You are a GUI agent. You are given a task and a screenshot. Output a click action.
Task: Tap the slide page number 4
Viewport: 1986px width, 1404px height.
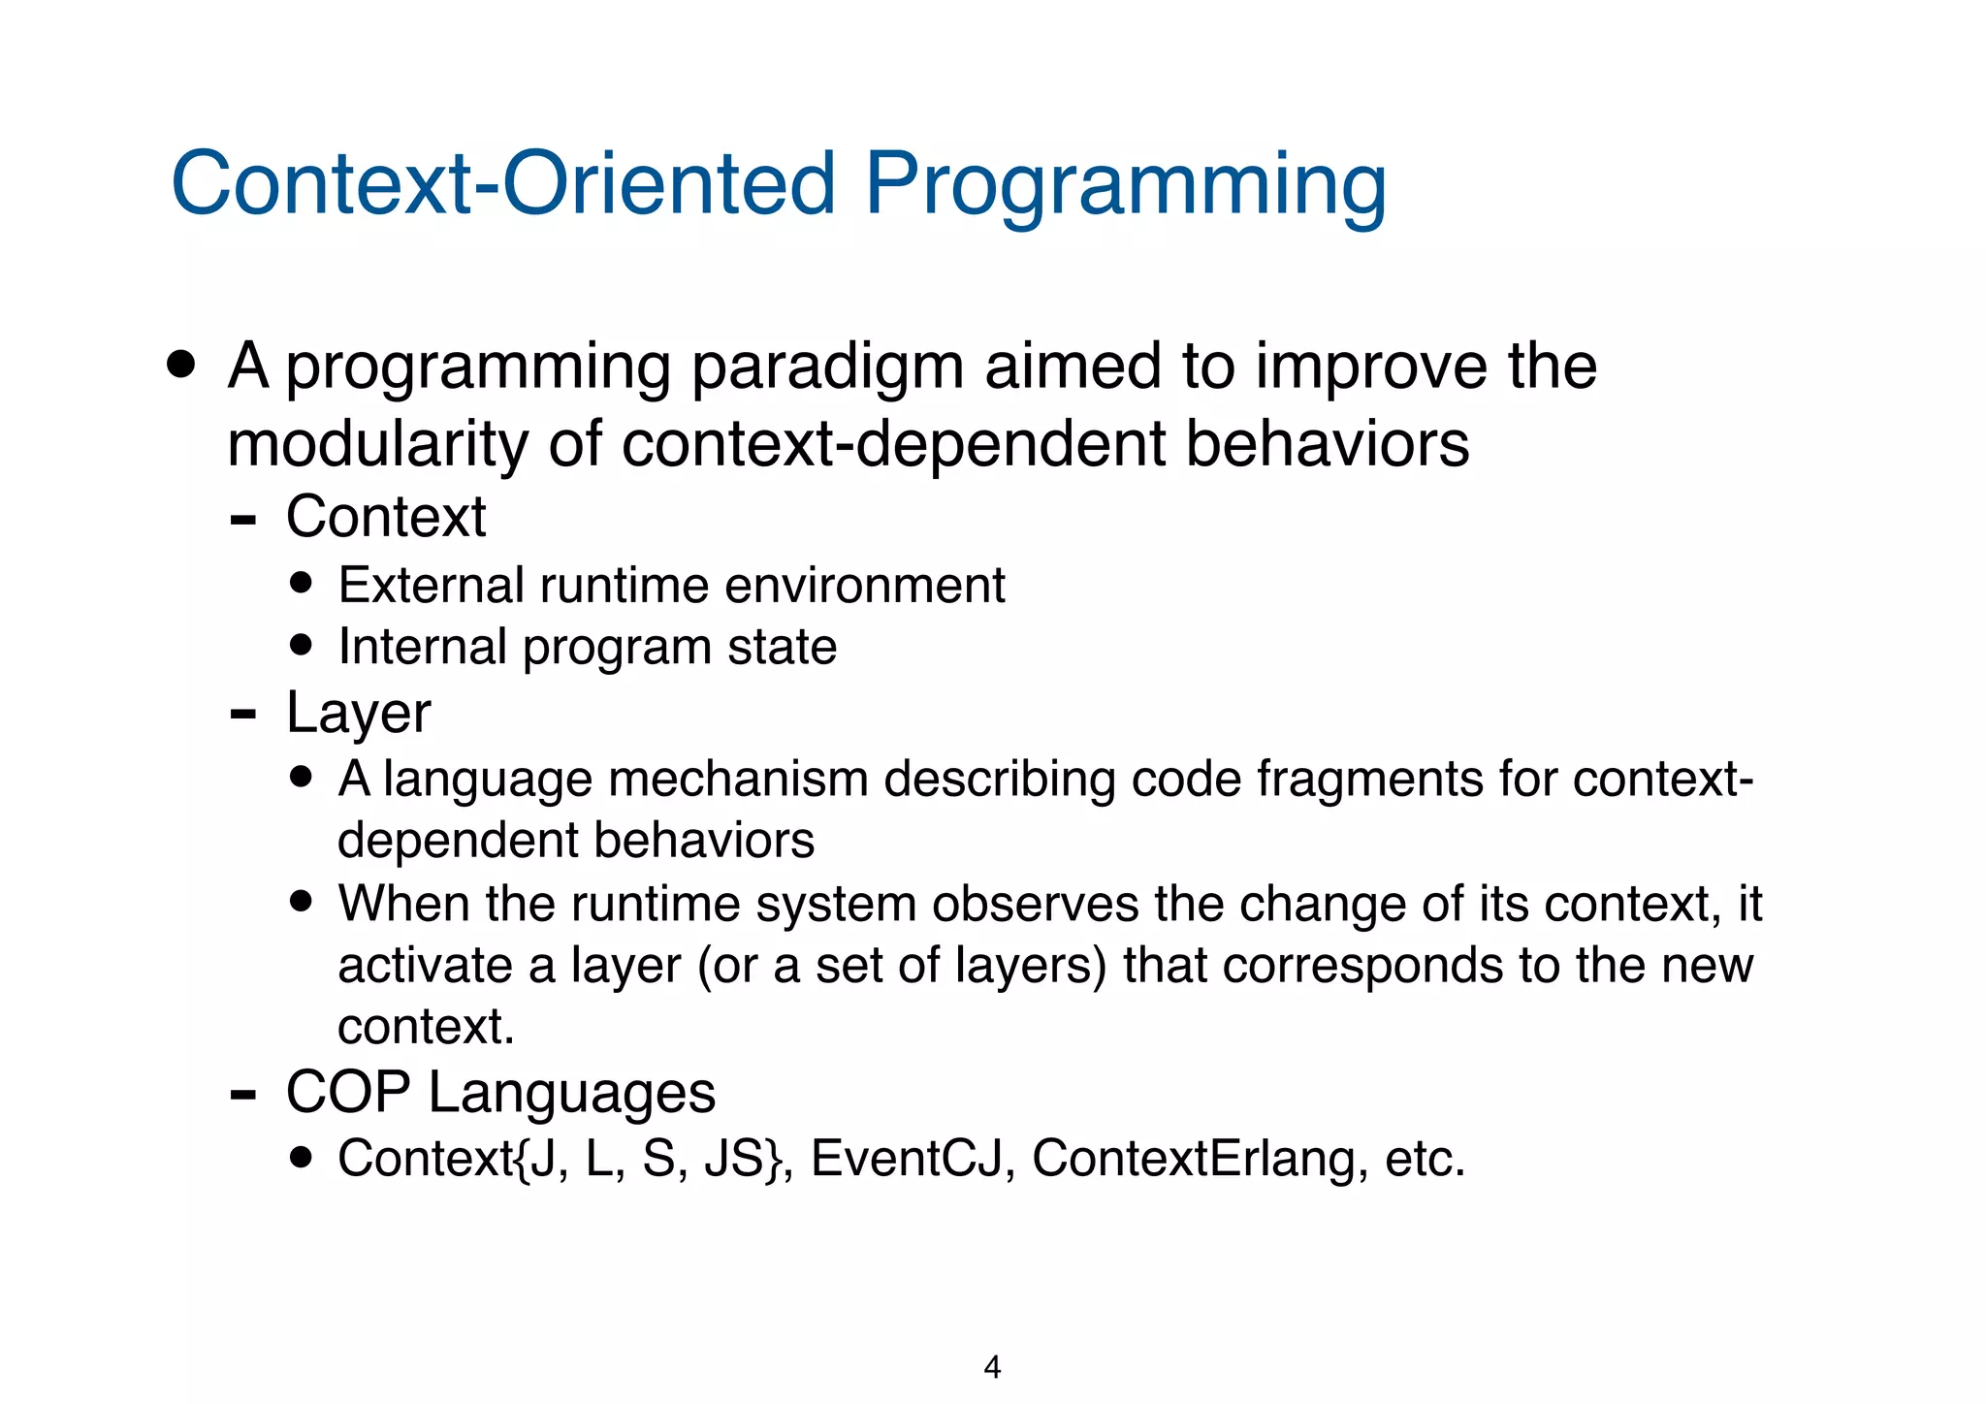pyautogui.click(x=992, y=1367)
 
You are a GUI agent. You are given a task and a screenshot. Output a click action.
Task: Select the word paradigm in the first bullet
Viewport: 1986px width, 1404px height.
pyautogui.click(x=827, y=368)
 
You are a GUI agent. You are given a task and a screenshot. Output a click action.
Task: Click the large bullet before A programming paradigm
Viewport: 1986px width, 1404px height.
pyautogui.click(x=180, y=366)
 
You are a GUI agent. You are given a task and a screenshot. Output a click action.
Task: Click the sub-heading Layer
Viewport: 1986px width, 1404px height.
pyautogui.click(x=358, y=714)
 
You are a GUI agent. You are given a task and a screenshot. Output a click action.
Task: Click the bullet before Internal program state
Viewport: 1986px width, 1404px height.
pyautogui.click(x=302, y=645)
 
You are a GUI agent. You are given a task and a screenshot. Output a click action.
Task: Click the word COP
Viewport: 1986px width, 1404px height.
pyautogui.click(x=348, y=1093)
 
